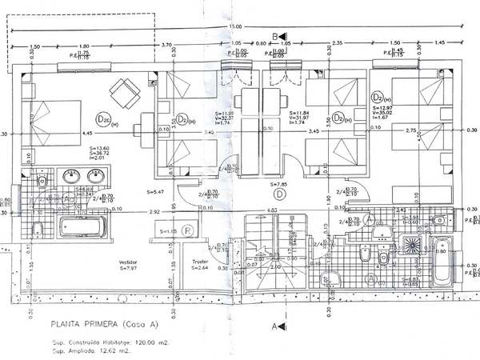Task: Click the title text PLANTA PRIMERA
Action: click(84, 325)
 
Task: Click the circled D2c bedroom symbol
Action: click(103, 120)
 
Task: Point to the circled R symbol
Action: click(186, 230)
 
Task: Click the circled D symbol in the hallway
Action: click(279, 193)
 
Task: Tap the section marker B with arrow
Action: click(277, 37)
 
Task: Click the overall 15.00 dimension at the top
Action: click(235, 29)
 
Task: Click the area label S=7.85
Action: click(279, 183)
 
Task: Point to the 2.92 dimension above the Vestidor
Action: click(155, 210)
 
